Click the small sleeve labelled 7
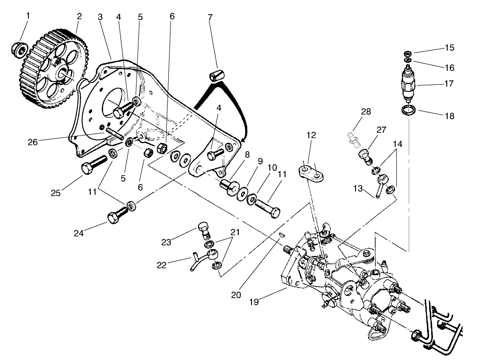pyautogui.click(x=216, y=75)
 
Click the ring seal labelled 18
pyautogui.click(x=409, y=110)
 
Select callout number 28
pyautogui.click(x=366, y=112)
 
